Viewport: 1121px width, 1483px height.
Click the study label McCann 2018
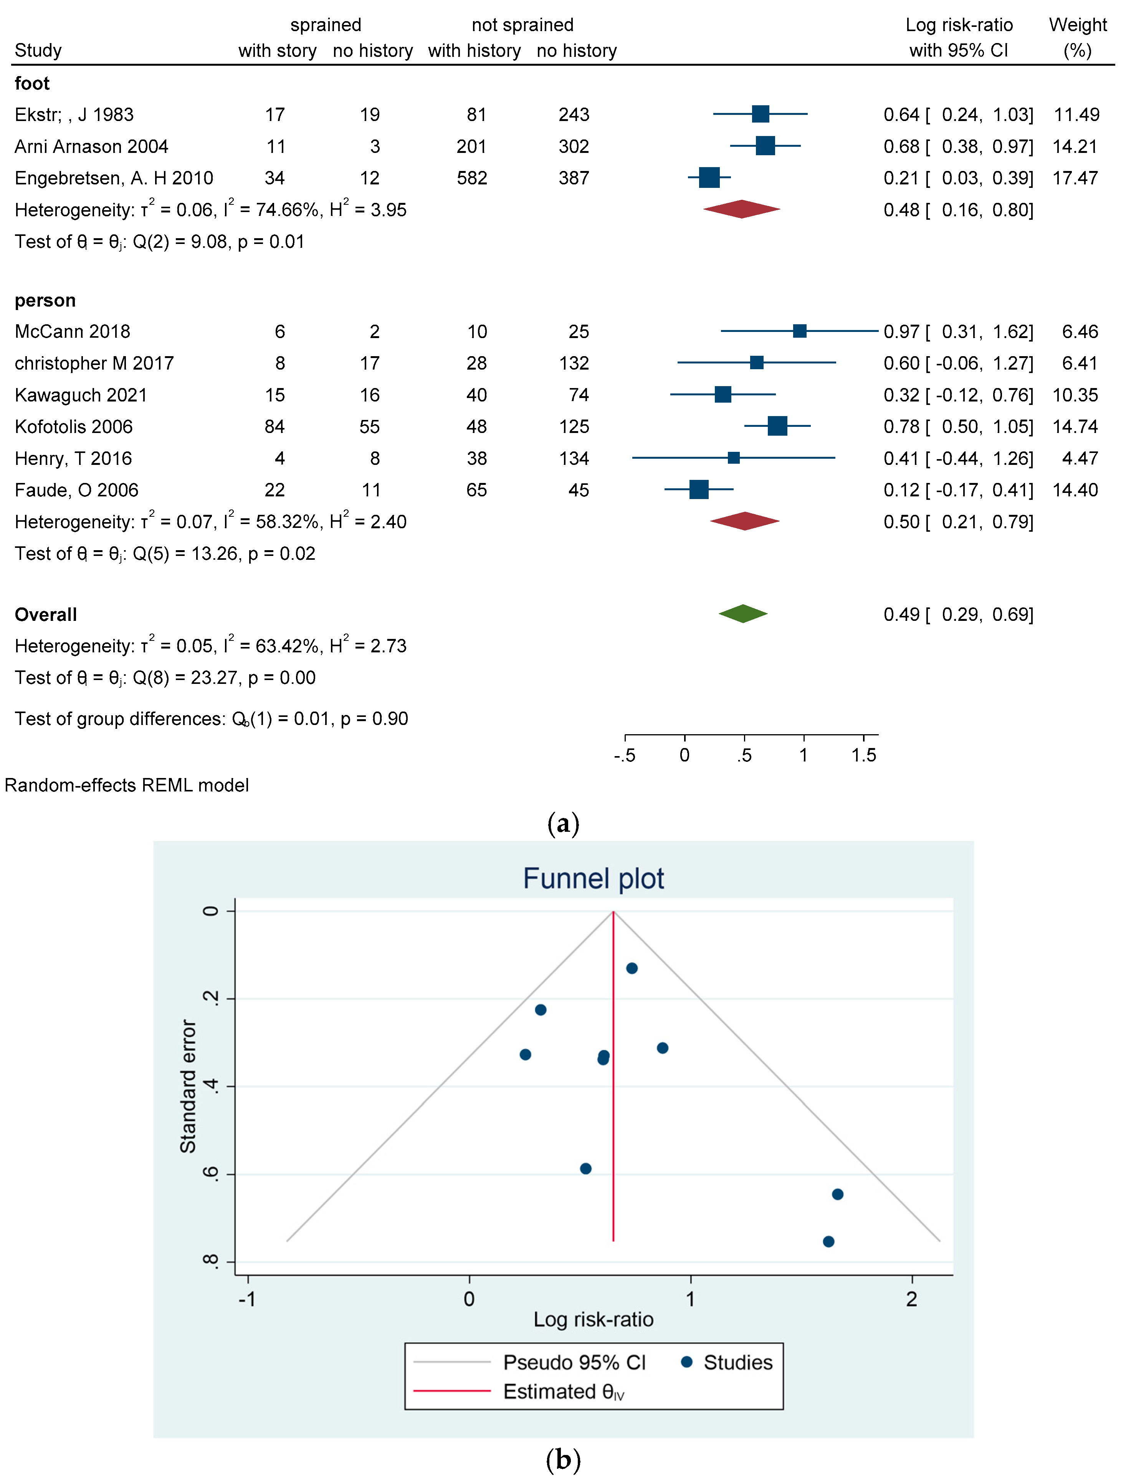coord(72,331)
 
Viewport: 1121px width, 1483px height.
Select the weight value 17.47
coord(1075,178)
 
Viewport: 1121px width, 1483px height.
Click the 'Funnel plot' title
coord(593,878)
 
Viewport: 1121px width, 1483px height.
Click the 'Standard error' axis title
coord(188,1086)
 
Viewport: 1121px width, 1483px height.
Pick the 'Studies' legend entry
coord(737,1362)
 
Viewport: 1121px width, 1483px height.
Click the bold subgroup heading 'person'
coord(45,300)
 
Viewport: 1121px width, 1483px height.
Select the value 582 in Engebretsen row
coord(472,178)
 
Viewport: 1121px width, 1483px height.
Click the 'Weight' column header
coord(1078,25)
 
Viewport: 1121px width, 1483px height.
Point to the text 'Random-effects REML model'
coord(127,785)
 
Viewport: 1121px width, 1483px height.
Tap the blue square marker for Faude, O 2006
coord(698,489)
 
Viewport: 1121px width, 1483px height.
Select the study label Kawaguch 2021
coord(81,395)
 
